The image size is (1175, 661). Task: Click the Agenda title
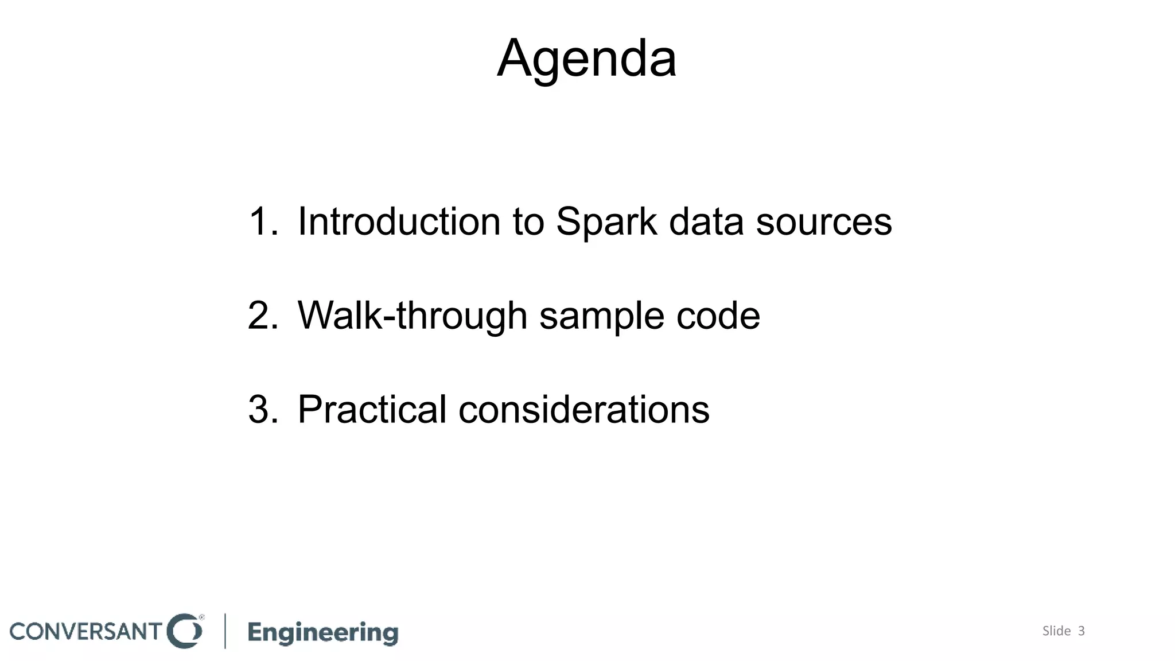coord(586,59)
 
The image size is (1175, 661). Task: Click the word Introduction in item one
coord(399,221)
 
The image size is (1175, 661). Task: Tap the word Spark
coord(606,221)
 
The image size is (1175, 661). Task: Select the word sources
coord(823,221)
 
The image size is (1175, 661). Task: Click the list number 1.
coord(261,221)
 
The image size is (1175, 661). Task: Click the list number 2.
coord(261,316)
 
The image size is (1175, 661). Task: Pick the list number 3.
coord(261,410)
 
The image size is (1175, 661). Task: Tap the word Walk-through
coord(412,316)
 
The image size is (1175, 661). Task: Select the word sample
coord(601,316)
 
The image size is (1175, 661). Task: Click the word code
coord(718,316)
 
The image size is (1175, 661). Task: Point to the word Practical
coord(372,410)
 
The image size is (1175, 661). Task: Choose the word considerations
coord(583,410)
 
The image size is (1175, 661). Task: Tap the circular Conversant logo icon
coord(184,631)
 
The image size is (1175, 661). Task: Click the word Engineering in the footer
coord(322,632)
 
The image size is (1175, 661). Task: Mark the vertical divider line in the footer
coord(225,631)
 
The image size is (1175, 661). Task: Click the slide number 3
coord(1081,631)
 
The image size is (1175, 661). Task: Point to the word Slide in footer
coord(1056,631)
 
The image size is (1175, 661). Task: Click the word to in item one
coord(528,221)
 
